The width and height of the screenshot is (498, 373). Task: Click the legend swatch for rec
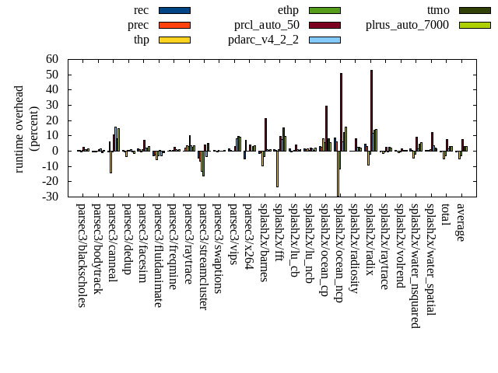point(174,10)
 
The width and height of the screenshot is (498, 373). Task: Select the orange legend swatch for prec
point(174,25)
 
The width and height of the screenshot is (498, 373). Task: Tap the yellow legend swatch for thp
point(174,40)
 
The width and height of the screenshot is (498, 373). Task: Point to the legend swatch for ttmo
point(475,10)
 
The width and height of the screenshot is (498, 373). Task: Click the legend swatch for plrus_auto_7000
point(475,25)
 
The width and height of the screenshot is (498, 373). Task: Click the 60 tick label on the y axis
point(52,59)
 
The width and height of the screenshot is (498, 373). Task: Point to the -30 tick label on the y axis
point(50,197)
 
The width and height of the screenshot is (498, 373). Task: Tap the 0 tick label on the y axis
point(55,151)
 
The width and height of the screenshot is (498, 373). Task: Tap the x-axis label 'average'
point(461,221)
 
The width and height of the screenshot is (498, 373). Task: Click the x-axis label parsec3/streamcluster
point(203,256)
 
